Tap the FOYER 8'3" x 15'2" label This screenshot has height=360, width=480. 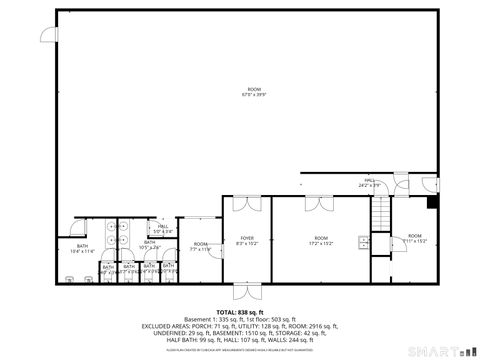(x=246, y=241)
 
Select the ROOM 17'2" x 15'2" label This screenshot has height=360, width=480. (x=321, y=241)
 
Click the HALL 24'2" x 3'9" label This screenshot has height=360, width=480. (x=371, y=183)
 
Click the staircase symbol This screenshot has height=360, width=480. (x=380, y=211)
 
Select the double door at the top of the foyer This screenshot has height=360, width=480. (x=246, y=204)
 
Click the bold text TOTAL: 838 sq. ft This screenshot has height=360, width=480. (x=240, y=313)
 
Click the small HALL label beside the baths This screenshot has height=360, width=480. (x=164, y=229)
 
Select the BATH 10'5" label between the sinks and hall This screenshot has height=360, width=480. (x=150, y=244)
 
